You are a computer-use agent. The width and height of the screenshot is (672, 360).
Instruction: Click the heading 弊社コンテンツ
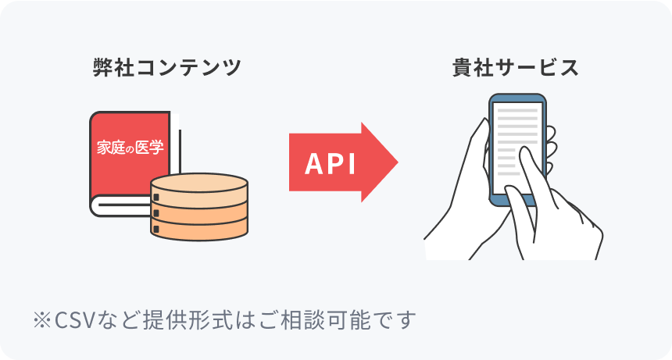tap(166, 68)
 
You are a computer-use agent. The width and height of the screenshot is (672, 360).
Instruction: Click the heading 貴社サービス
tap(516, 68)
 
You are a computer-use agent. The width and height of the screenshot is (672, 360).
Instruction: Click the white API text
tap(330, 163)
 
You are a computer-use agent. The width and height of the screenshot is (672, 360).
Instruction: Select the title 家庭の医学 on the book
tap(130, 147)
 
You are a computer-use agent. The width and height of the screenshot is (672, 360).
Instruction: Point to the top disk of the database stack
tap(199, 186)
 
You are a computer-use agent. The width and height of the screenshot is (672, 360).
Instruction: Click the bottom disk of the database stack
tap(199, 229)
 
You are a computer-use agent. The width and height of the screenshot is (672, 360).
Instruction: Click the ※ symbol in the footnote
tap(41, 320)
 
